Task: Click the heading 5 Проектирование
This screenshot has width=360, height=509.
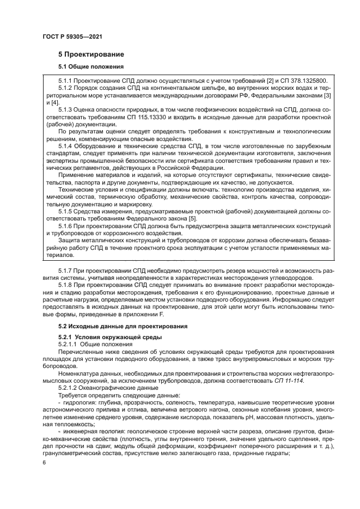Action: pos(91,54)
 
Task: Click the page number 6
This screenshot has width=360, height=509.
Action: pos(44,463)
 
